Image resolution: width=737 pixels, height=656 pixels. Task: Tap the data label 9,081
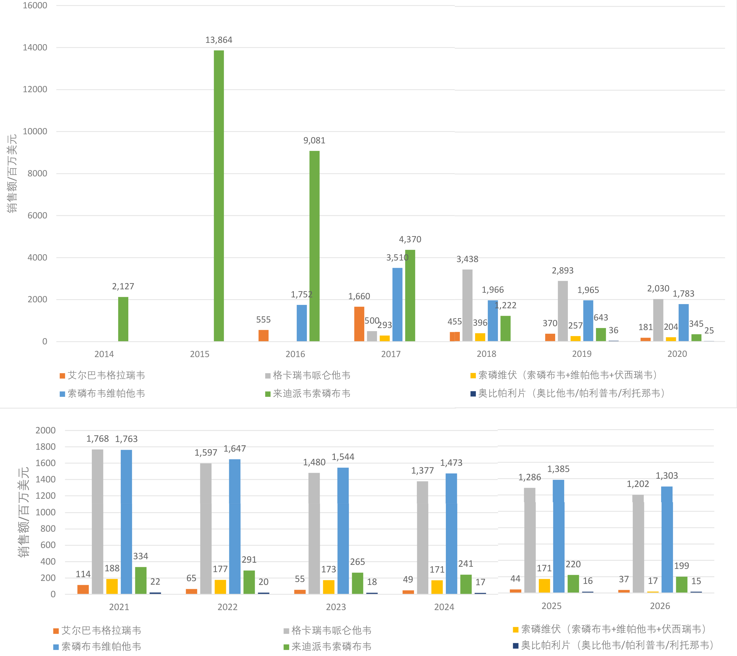(314, 140)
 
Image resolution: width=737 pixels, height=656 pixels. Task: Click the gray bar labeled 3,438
(467, 305)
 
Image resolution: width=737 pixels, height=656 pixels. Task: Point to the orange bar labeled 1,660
(359, 324)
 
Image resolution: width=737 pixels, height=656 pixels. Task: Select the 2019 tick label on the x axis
(582, 354)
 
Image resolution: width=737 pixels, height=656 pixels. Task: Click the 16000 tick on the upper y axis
(35, 5)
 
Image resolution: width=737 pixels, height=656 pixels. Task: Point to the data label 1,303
(666, 476)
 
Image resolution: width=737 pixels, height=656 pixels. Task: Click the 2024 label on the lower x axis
(444, 607)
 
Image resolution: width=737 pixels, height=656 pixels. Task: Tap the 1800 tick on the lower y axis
(45, 447)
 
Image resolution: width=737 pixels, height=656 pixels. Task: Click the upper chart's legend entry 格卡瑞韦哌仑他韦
(311, 375)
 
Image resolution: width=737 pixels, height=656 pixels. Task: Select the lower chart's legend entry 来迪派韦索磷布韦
(331, 646)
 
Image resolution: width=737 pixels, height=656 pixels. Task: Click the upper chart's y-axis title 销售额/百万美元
(12, 173)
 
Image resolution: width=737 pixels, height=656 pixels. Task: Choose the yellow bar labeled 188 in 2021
(112, 586)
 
